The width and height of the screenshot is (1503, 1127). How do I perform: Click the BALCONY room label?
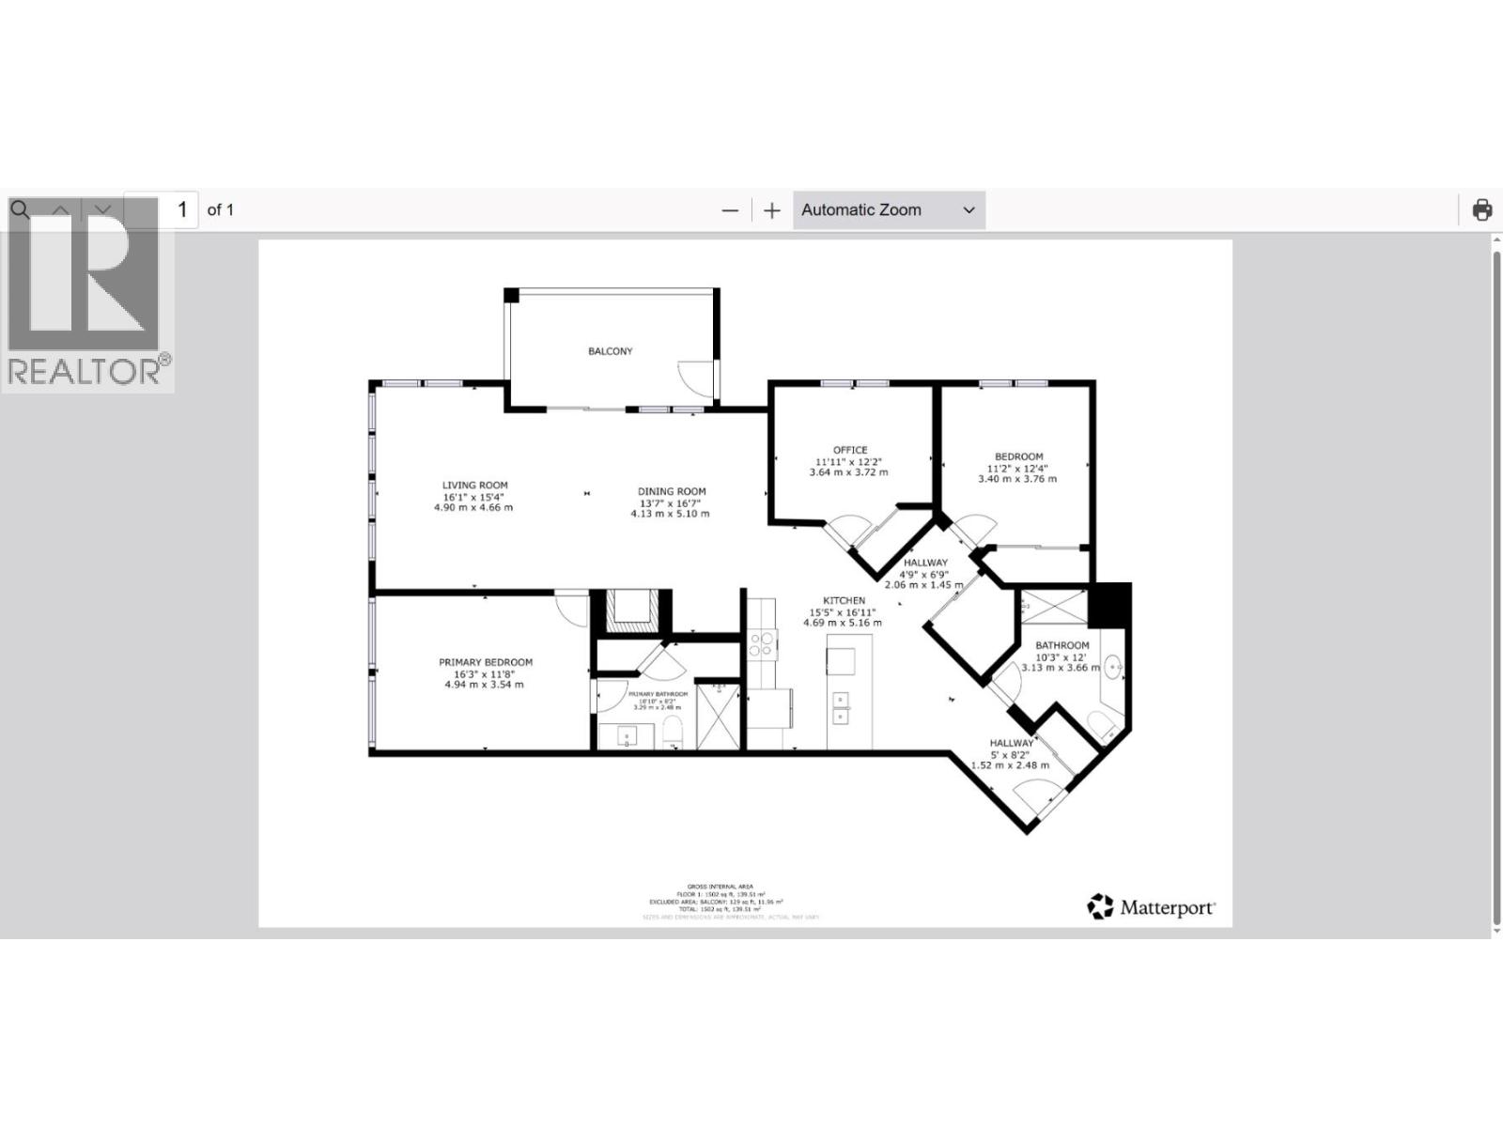click(610, 351)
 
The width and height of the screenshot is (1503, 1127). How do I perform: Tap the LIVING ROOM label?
click(474, 486)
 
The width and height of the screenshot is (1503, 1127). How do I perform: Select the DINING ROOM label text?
click(671, 491)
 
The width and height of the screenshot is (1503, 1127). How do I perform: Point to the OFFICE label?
click(849, 450)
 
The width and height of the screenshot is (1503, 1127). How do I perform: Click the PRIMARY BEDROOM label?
click(485, 662)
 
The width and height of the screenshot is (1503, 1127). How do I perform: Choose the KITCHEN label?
click(844, 601)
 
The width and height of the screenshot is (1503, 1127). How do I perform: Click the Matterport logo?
click(1151, 906)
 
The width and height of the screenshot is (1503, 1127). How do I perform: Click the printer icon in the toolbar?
click(1481, 209)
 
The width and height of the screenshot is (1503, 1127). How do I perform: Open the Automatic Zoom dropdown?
click(888, 210)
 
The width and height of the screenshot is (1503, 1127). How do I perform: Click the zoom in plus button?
click(771, 210)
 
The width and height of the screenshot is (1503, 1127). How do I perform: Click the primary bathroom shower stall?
click(719, 716)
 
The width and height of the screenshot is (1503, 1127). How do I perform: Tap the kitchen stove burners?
click(761, 643)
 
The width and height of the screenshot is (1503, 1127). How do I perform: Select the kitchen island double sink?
click(842, 707)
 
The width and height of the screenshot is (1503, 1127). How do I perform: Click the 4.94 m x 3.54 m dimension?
click(484, 685)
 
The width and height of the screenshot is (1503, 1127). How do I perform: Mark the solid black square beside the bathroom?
click(1109, 605)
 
